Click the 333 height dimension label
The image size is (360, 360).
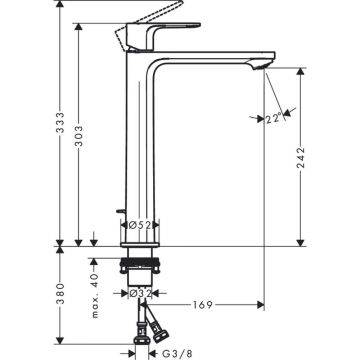click(60, 122)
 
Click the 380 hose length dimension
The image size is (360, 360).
click(60, 293)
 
